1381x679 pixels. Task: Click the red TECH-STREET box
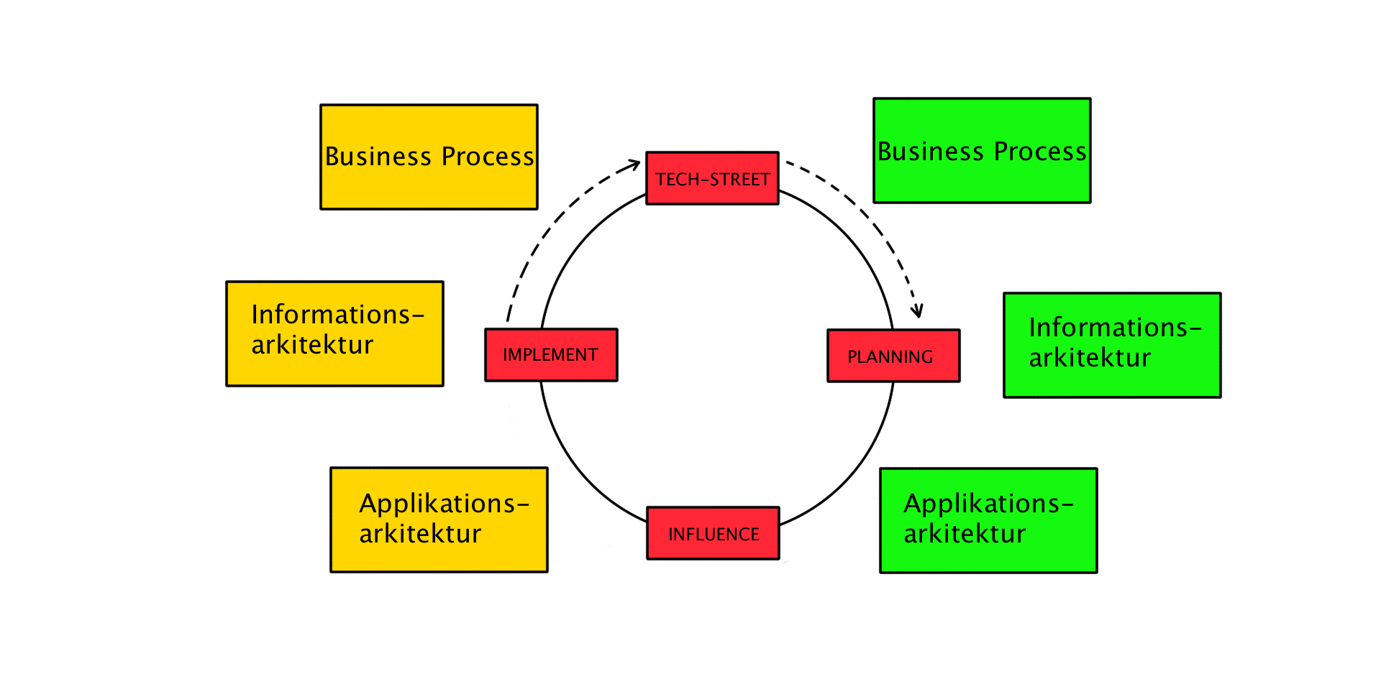(712, 178)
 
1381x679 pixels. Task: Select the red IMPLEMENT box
(551, 355)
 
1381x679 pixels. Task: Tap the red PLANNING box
(893, 356)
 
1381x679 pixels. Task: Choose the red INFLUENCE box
(713, 533)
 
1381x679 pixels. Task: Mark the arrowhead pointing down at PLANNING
(917, 312)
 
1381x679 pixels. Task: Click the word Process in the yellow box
(487, 157)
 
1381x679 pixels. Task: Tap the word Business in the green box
(930, 152)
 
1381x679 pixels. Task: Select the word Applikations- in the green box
(988, 504)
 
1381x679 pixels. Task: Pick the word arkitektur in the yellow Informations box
(312, 345)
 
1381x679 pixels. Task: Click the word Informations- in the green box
(1115, 328)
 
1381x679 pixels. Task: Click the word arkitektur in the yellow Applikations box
(420, 534)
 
